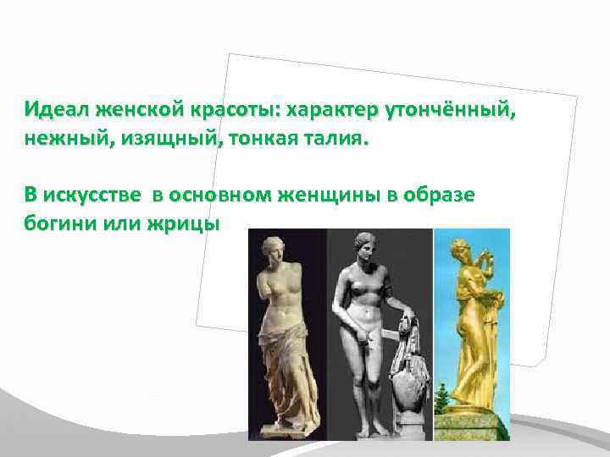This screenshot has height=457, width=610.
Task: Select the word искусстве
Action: (93, 195)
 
